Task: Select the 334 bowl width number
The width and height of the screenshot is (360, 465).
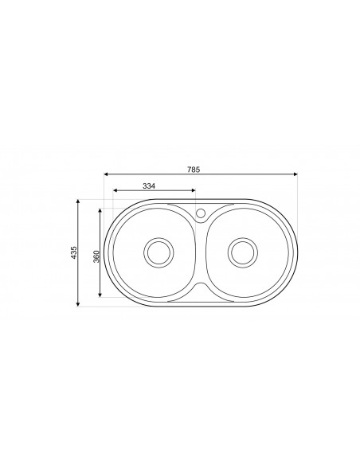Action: [x=148, y=185]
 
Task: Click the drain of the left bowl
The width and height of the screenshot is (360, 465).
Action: [x=157, y=252]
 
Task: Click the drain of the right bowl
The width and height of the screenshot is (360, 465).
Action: [x=241, y=252]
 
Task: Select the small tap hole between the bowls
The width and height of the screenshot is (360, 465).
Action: [x=200, y=213]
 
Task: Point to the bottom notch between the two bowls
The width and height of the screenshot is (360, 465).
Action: [x=200, y=286]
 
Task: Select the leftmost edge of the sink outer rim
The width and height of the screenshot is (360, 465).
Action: [x=103, y=252]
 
